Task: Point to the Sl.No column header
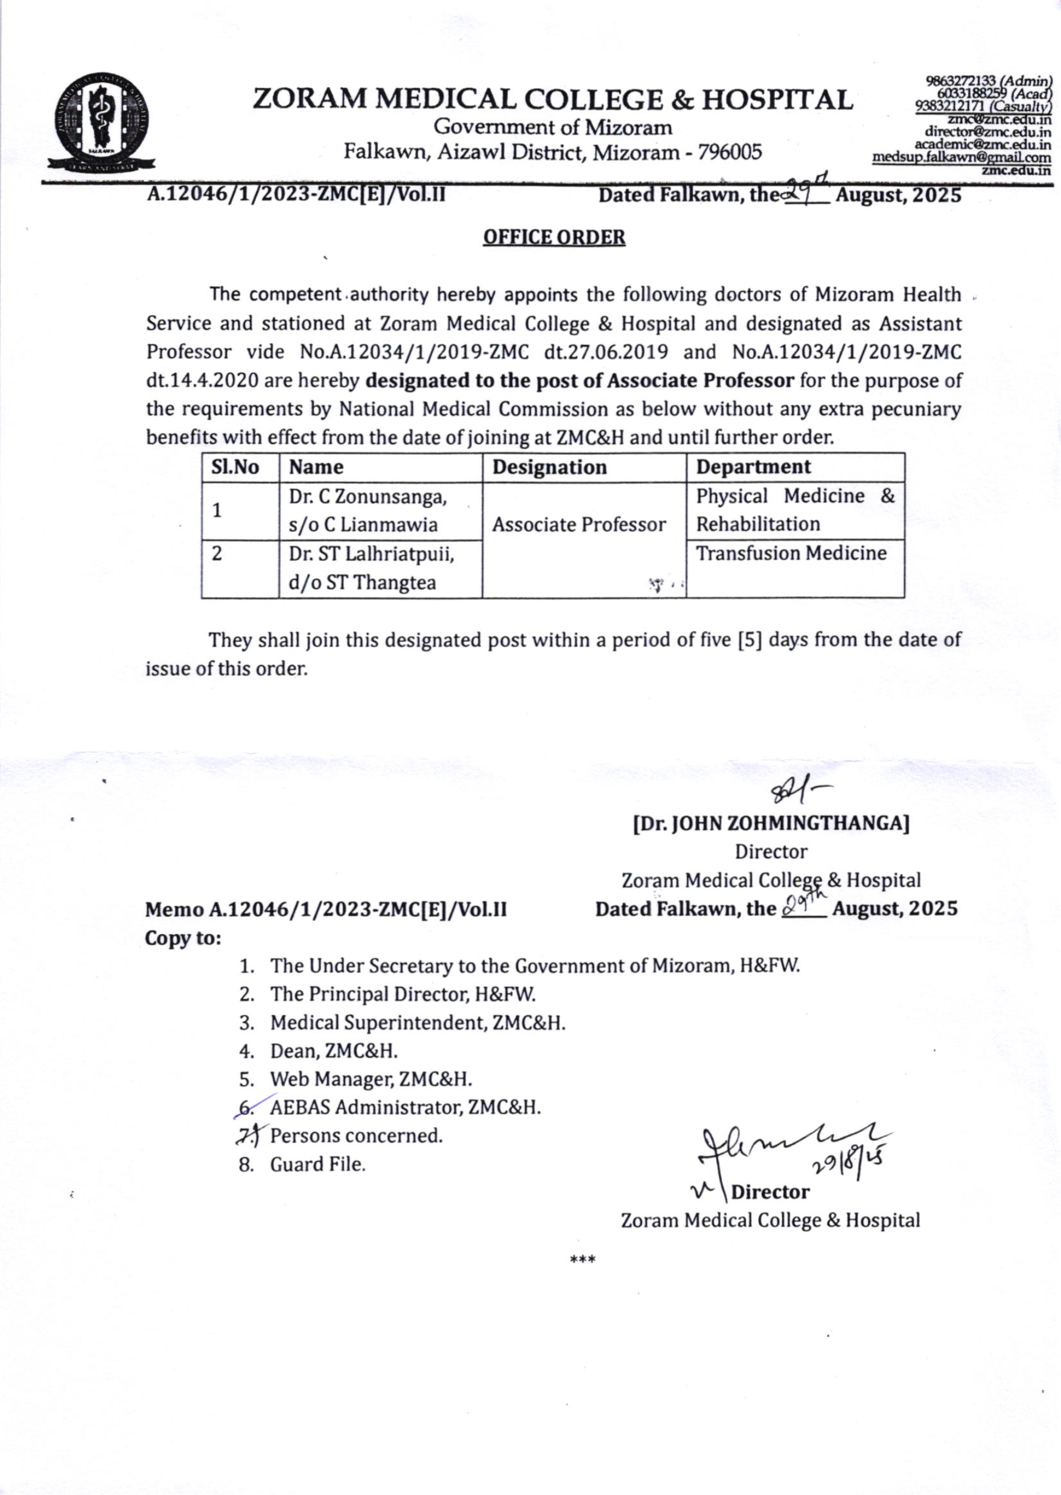coord(235,467)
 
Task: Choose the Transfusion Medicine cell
coord(791,553)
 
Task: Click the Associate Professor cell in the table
coord(579,524)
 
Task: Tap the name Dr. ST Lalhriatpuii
coord(371,554)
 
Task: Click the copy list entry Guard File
coord(318,1165)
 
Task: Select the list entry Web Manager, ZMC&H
coord(370,1079)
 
